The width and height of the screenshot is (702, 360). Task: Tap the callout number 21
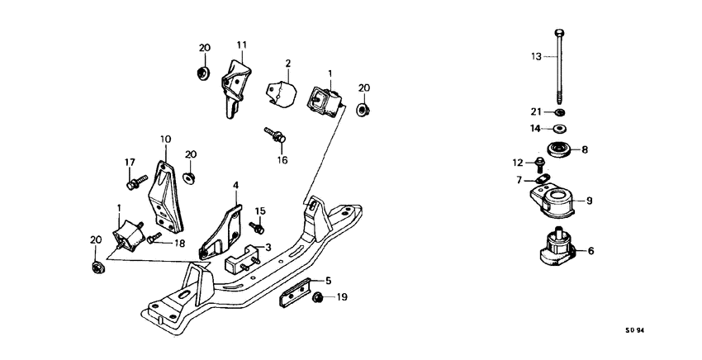534,112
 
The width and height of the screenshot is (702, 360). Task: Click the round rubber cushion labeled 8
561,151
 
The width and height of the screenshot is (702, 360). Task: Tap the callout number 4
235,185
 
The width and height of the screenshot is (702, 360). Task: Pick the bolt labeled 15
256,226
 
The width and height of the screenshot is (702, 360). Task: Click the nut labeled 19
318,296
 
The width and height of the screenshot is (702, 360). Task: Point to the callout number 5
328,280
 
